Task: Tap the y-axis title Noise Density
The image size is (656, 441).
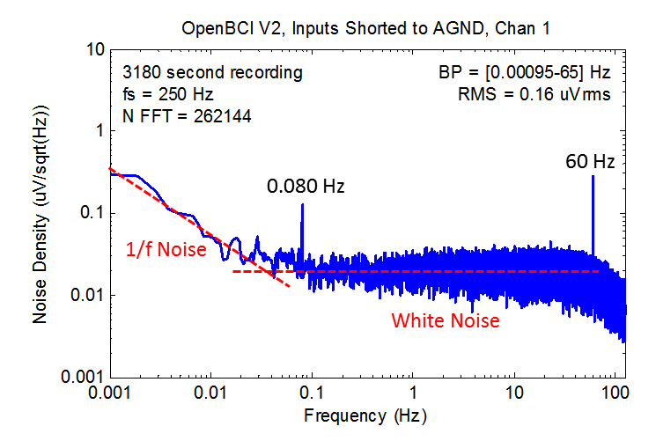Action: (41, 212)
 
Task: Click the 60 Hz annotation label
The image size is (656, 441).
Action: (589, 162)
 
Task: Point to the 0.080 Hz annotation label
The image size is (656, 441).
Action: (306, 187)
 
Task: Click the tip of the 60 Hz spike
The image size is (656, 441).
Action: (593, 176)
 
